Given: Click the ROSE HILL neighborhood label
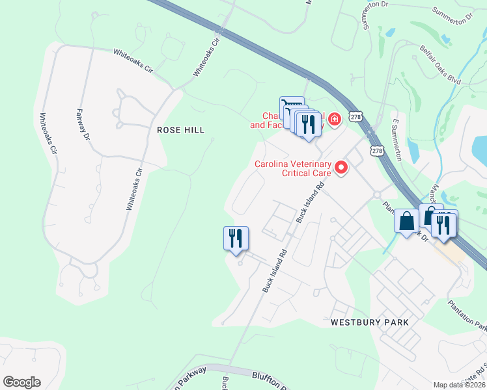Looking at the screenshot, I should click(181, 130).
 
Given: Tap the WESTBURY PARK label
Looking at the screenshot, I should click(369, 322).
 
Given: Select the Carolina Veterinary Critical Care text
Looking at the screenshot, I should click(293, 169).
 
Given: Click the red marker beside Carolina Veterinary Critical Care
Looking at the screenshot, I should click(341, 169).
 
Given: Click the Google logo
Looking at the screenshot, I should click(21, 382).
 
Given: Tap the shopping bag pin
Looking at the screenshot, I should click(406, 222).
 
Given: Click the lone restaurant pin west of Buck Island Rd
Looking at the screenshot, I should click(235, 238).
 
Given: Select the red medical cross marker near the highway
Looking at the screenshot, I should click(335, 119).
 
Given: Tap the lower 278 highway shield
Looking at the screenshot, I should click(377, 151).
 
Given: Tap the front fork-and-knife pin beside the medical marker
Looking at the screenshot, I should click(308, 124).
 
